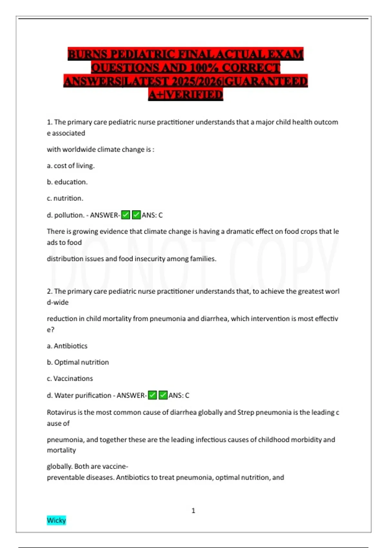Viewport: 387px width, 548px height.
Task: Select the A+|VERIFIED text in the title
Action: click(x=186, y=95)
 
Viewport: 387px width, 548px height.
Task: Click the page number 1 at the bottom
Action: click(x=193, y=511)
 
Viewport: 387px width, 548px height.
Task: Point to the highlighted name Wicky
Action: click(x=56, y=520)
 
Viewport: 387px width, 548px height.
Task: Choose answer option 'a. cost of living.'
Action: click(x=71, y=166)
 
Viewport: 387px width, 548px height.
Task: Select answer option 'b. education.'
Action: click(x=67, y=182)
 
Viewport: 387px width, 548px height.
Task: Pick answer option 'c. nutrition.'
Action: click(x=65, y=198)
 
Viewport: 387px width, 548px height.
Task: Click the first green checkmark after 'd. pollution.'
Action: click(x=125, y=215)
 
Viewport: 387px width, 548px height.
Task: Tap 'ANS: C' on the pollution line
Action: click(x=152, y=215)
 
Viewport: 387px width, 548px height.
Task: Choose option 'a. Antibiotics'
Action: click(x=67, y=346)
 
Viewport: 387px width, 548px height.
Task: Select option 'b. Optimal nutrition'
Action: click(x=78, y=362)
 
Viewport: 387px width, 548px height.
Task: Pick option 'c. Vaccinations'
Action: click(x=70, y=378)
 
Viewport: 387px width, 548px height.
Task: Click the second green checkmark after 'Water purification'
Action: click(x=163, y=395)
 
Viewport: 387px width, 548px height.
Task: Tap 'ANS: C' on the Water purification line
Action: click(x=179, y=395)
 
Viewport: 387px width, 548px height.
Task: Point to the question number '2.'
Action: click(x=50, y=291)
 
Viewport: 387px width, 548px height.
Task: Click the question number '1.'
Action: click(x=50, y=122)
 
